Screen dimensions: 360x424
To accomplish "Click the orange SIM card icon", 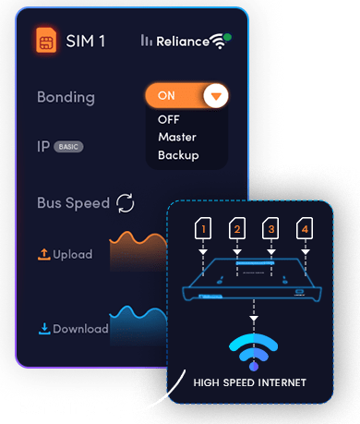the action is tap(46, 40).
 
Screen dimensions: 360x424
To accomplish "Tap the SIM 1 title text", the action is tap(86, 41).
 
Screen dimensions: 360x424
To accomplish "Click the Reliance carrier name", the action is tap(183, 42).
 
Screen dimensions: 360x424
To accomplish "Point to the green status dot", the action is tap(227, 37).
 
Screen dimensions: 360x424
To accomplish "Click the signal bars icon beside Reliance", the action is tap(147, 41).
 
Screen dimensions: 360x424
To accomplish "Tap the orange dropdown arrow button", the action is tap(216, 96).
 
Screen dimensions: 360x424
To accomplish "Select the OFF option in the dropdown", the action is tap(169, 119).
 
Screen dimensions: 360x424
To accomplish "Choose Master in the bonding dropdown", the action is tap(177, 137).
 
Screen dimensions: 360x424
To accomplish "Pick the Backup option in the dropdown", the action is tap(178, 155).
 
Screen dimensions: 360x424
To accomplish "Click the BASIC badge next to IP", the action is tap(68, 147).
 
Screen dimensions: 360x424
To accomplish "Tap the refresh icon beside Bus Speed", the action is tap(126, 203).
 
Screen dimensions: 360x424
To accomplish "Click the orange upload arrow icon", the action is tap(44, 254).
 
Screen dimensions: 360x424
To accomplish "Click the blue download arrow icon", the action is tap(44, 329).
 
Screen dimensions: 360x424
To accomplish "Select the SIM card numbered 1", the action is tap(203, 228).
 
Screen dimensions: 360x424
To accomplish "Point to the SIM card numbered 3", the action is tap(270, 228).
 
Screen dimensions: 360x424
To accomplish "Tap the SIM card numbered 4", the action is tap(305, 228).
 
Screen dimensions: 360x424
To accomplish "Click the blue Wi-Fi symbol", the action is tap(254, 351).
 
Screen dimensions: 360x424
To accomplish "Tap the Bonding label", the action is tap(66, 98).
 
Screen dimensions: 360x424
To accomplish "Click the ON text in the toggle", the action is tap(166, 96).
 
